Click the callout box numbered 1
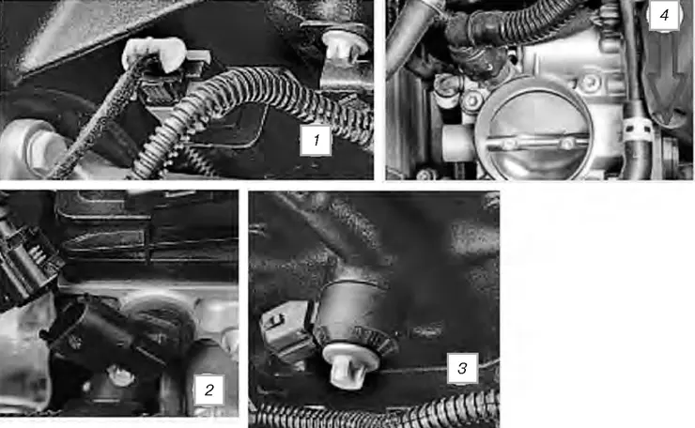pos(316,141)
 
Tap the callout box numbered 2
pos(209,390)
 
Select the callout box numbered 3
pos(462,368)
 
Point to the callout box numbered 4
pos(663,15)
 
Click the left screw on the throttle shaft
pos(508,144)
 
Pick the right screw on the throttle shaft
pos(566,143)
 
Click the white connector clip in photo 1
pos(154,53)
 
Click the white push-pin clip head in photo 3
pos(349,364)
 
